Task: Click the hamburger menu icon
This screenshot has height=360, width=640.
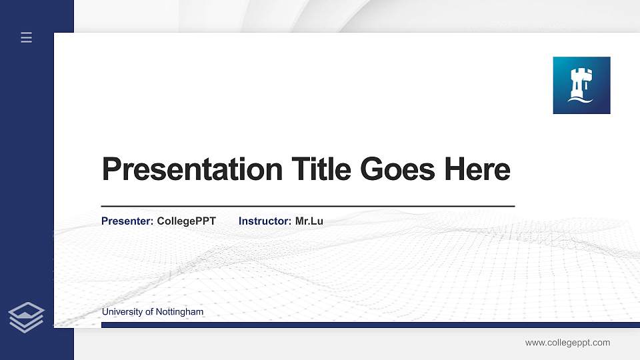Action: point(26,38)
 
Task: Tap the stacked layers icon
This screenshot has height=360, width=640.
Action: point(26,317)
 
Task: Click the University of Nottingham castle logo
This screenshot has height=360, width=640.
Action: point(581,85)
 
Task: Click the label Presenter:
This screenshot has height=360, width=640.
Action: point(127,221)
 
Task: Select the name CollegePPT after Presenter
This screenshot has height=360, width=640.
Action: point(187,221)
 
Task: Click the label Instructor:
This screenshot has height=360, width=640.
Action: point(265,221)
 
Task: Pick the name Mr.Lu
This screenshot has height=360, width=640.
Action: point(309,221)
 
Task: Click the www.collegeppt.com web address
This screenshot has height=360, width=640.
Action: point(567,343)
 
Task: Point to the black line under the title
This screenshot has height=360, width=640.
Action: point(307,206)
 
